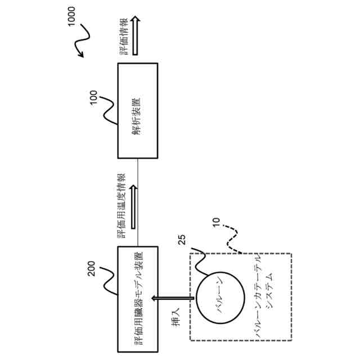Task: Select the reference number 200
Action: [x=94, y=272]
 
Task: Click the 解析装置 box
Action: [x=138, y=111]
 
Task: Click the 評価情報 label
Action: [x=123, y=37]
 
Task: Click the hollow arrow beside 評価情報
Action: [x=135, y=37]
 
